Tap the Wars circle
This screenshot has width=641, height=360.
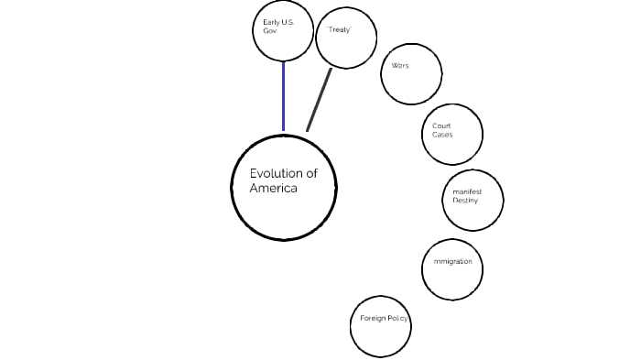pos(411,73)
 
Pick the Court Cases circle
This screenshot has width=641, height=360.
pos(452,134)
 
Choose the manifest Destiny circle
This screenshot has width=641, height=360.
pos(473,200)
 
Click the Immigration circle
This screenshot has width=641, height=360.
pos(452,269)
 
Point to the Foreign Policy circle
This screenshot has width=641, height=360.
pos(380,326)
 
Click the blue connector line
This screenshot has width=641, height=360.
pos(283,95)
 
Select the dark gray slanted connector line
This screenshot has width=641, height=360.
pos(319,100)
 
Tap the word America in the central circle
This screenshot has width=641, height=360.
pos(274,189)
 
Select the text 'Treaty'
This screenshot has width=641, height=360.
pos(339,30)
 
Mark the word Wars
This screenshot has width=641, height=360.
pos(400,66)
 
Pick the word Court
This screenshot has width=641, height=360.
pos(442,125)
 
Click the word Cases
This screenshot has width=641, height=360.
pos(442,135)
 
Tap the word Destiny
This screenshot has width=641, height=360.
pos(465,201)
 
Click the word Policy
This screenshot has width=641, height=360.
pos(398,319)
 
